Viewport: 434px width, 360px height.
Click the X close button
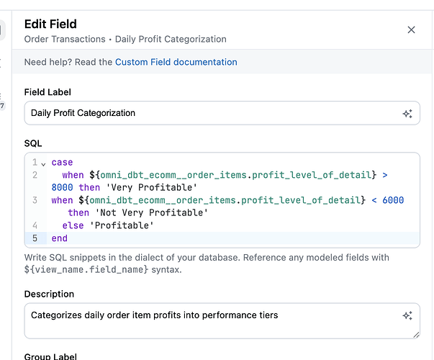click(x=411, y=30)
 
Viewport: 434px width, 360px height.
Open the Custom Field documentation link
click(x=176, y=62)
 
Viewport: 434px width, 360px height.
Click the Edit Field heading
click(x=50, y=24)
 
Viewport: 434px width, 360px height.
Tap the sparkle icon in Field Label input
click(x=407, y=114)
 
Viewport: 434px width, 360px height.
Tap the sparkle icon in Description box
click(x=407, y=315)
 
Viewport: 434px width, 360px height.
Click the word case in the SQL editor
click(x=62, y=163)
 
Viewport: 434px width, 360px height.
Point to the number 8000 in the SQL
click(x=62, y=187)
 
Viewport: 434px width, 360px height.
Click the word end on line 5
click(x=60, y=238)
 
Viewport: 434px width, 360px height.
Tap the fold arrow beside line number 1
click(x=43, y=163)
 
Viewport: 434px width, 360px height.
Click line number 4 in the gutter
click(x=35, y=225)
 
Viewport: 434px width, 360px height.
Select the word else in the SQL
click(x=73, y=225)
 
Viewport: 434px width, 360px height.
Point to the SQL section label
click(x=33, y=143)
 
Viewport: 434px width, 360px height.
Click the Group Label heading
click(x=50, y=356)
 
